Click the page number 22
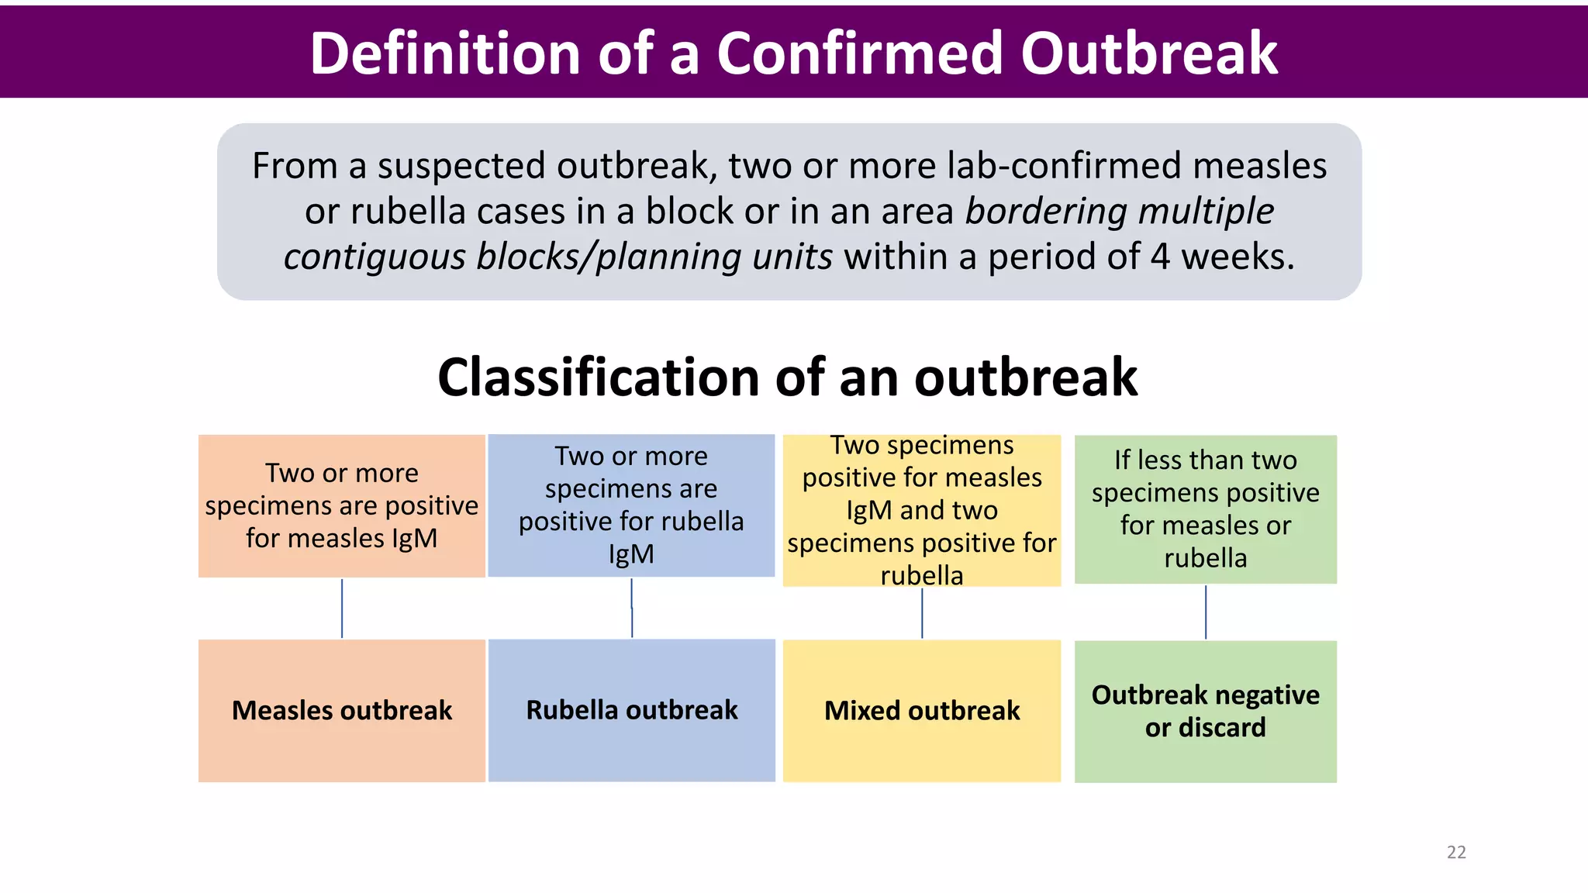click(1456, 852)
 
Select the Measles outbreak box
click(342, 710)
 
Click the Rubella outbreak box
click(631, 710)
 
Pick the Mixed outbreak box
click(922, 710)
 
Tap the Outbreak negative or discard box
click(1205, 711)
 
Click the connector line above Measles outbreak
click(342, 609)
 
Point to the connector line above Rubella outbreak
click(632, 609)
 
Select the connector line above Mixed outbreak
click(922, 612)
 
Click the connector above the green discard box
click(1206, 612)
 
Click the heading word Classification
click(598, 378)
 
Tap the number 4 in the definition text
click(1160, 257)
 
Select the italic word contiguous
click(375, 257)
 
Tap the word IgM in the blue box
click(631, 554)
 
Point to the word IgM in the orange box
click(415, 538)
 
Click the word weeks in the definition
click(1238, 257)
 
